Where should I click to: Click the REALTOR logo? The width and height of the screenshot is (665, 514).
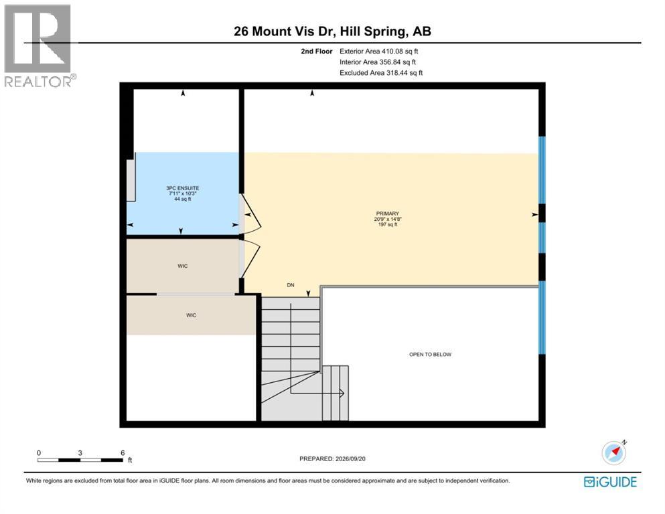tap(40, 46)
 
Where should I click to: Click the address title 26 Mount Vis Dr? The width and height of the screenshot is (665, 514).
tap(285, 31)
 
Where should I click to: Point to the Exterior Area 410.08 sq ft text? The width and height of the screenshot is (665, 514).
tap(379, 52)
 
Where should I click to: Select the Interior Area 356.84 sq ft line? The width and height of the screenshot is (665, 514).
tap(378, 62)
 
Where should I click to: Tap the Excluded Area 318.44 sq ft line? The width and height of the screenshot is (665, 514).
tap(381, 73)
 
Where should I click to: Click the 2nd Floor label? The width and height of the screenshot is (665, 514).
tap(316, 52)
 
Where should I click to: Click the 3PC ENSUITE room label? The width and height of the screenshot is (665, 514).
tap(182, 188)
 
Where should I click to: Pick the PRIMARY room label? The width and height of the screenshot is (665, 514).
tap(387, 213)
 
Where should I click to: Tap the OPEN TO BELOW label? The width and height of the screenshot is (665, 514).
tap(430, 354)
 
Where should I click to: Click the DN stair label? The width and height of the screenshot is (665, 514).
tap(291, 285)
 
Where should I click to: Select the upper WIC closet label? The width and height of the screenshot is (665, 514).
tap(182, 266)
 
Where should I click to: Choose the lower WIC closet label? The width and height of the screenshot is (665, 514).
tap(191, 315)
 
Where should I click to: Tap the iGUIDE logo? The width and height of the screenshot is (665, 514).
tap(610, 483)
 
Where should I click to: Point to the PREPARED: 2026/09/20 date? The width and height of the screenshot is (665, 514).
tap(332, 459)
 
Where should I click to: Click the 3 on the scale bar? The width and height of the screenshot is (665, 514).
tap(80, 453)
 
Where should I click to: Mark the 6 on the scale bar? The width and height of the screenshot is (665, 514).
tap(123, 453)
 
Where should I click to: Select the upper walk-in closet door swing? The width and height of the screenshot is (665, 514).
tap(254, 258)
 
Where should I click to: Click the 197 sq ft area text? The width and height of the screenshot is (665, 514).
tap(387, 225)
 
